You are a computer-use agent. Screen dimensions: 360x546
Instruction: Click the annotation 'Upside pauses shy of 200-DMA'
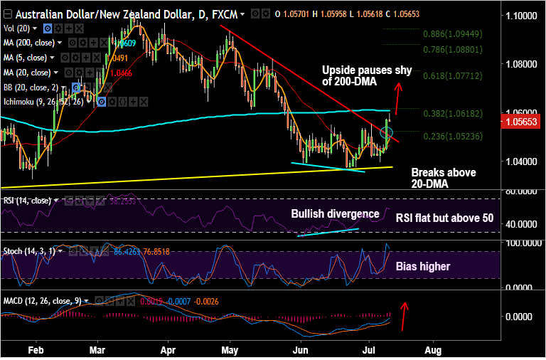(355, 76)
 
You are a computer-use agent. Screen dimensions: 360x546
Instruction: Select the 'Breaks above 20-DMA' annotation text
(444, 179)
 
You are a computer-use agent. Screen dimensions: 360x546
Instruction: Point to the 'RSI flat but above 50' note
(444, 218)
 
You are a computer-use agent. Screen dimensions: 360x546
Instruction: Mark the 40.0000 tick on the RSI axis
(521, 224)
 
